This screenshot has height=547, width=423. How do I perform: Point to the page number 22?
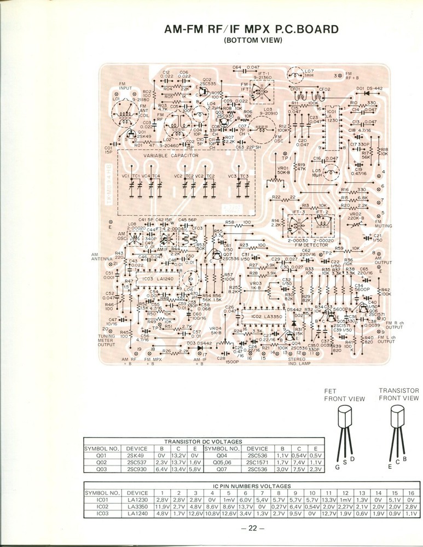point(252,528)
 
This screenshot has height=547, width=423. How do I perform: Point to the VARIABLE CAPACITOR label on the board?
point(171,156)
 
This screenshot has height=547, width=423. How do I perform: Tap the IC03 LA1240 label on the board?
point(159,279)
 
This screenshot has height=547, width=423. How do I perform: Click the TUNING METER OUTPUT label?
point(107,340)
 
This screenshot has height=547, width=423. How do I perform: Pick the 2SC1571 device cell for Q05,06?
point(257,462)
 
